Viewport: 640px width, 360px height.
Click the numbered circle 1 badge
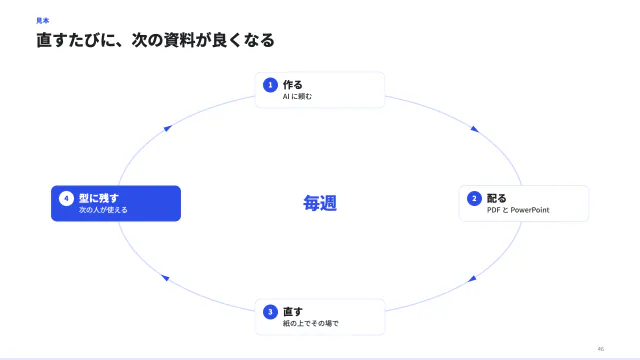pyautogui.click(x=270, y=85)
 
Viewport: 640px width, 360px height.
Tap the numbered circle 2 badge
pyautogui.click(x=474, y=198)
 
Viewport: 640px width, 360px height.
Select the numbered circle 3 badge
pyautogui.click(x=270, y=312)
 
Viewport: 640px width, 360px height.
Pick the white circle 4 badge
pyautogui.click(x=66, y=198)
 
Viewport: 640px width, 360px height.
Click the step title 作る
pyautogui.click(x=293, y=85)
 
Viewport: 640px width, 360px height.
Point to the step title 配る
pyautogui.click(x=497, y=198)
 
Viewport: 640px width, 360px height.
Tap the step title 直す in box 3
pyautogui.click(x=293, y=312)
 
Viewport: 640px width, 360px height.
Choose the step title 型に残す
pyautogui.click(x=99, y=198)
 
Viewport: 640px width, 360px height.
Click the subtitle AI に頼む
pyautogui.click(x=297, y=97)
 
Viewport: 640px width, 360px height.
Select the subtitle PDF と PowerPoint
pyautogui.click(x=518, y=210)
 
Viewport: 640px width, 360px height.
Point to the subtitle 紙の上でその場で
pyautogui.click(x=311, y=324)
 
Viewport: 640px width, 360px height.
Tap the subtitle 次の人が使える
pyautogui.click(x=103, y=210)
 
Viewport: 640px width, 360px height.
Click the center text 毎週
pyautogui.click(x=320, y=203)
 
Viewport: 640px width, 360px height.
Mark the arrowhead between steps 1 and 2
pyautogui.click(x=474, y=129)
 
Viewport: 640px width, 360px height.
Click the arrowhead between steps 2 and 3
pyautogui.click(x=472, y=279)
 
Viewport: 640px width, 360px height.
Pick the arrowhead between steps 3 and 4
pyautogui.click(x=165, y=278)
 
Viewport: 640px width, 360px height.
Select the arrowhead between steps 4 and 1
pyautogui.click(x=167, y=129)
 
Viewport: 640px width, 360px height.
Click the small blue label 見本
pyautogui.click(x=42, y=20)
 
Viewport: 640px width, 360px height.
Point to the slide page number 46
pyautogui.click(x=600, y=349)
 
